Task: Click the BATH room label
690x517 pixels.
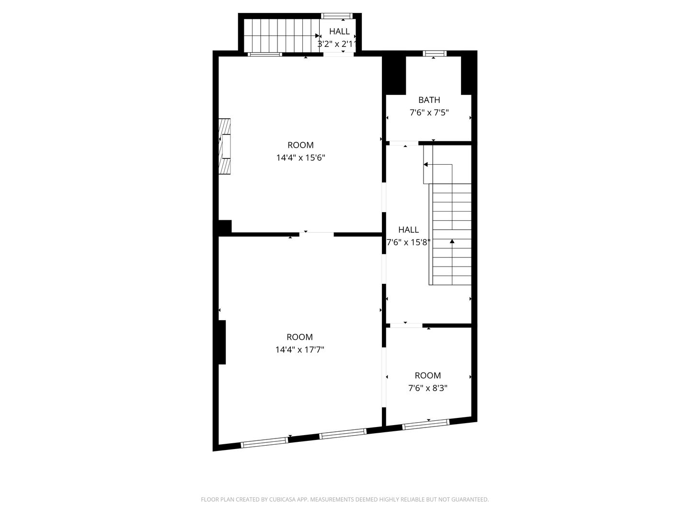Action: point(429,100)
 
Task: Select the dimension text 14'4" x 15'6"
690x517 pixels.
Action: point(300,157)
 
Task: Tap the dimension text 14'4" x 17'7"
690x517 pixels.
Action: point(299,349)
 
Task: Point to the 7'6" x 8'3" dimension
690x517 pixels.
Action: point(427,388)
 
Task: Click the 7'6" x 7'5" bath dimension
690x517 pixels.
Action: point(429,112)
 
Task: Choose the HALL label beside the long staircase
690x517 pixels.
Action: point(408,230)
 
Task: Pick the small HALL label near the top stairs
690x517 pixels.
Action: point(339,32)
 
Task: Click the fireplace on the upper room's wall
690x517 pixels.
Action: point(224,146)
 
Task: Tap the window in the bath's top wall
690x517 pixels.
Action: point(434,53)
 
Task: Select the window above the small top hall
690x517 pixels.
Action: point(337,16)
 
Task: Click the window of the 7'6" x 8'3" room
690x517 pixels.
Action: point(425,425)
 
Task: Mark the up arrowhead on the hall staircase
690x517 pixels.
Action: point(452,241)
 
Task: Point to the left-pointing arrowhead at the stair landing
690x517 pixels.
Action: point(425,165)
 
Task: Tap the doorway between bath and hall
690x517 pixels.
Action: point(404,144)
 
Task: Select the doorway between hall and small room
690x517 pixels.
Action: point(406,326)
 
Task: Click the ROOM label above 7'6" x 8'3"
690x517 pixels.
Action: point(427,375)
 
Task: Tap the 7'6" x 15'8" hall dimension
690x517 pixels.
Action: point(408,242)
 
